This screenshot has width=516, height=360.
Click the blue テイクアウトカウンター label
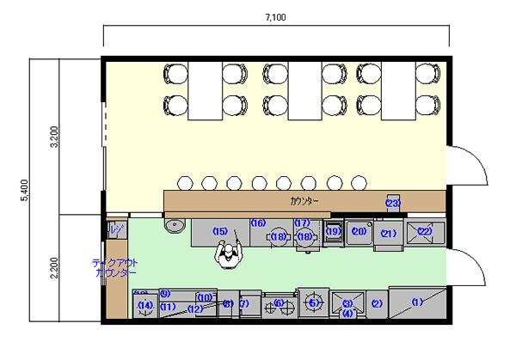[114, 267]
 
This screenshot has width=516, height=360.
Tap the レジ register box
[116, 229]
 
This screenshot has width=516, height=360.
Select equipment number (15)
[220, 231]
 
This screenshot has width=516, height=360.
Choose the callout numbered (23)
[393, 204]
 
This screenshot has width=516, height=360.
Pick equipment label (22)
[424, 230]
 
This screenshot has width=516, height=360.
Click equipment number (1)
[418, 302]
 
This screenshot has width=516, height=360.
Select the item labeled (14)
[145, 306]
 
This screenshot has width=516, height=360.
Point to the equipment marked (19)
[333, 231]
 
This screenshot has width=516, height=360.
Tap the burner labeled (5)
[314, 302]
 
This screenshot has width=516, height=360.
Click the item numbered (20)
[359, 231]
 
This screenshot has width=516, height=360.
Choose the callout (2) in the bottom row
[376, 303]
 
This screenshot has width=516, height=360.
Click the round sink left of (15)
[175, 225]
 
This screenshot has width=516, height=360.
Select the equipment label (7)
[244, 303]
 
